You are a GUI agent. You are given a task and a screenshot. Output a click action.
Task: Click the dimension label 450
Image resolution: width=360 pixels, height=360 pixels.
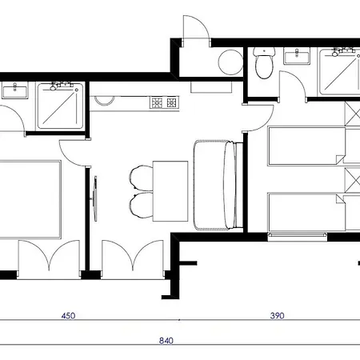(x=68, y=316)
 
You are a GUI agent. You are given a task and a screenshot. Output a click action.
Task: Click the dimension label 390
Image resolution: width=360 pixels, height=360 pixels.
(x=277, y=316)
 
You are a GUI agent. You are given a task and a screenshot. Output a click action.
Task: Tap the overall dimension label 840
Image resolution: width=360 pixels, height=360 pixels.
(x=166, y=341)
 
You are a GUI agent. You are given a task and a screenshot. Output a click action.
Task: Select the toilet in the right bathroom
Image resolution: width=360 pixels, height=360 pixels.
(x=264, y=63)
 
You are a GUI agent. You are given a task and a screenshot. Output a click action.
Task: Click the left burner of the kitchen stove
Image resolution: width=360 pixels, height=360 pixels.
(x=156, y=102)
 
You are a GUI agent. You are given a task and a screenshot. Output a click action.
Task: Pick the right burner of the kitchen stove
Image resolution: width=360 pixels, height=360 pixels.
(x=171, y=102)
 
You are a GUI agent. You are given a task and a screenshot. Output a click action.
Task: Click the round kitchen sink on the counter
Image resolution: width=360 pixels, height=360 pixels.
(x=105, y=100)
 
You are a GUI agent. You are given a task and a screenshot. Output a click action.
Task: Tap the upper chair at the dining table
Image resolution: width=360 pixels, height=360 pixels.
(x=142, y=178)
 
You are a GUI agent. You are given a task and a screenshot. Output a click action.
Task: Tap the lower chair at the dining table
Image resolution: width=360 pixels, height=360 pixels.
(x=142, y=205)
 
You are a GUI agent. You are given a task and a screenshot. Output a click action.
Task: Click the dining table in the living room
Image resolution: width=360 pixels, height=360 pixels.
(x=170, y=191)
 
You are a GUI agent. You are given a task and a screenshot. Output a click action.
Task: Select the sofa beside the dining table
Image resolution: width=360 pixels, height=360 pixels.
(x=218, y=185)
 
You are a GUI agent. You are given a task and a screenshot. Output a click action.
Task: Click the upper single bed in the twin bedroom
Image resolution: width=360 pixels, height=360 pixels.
(x=306, y=146)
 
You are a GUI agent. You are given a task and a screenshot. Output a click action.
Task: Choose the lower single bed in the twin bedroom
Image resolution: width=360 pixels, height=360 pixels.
(x=306, y=213)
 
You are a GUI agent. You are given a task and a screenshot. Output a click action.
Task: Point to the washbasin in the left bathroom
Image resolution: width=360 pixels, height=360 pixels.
(x=15, y=91)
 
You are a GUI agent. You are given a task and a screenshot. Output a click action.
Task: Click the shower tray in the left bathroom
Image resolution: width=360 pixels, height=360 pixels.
(x=60, y=106)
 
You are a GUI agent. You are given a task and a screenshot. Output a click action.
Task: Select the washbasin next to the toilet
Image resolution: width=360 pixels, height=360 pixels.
(x=297, y=56)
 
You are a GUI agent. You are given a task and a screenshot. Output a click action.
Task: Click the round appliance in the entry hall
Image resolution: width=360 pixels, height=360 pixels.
(x=230, y=62)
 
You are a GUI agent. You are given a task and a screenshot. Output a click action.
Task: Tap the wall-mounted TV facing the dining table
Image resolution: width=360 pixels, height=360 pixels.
(x=94, y=198)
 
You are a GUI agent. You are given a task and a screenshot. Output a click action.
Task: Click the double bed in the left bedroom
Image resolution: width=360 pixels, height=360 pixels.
(x=30, y=199)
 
